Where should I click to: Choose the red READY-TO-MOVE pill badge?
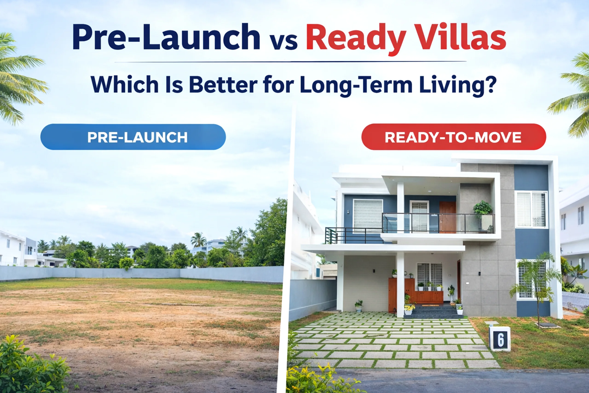(453, 137)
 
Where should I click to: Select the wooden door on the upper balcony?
(447, 217)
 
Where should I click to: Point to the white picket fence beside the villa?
(575, 301)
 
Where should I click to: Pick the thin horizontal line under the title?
(291, 62)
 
